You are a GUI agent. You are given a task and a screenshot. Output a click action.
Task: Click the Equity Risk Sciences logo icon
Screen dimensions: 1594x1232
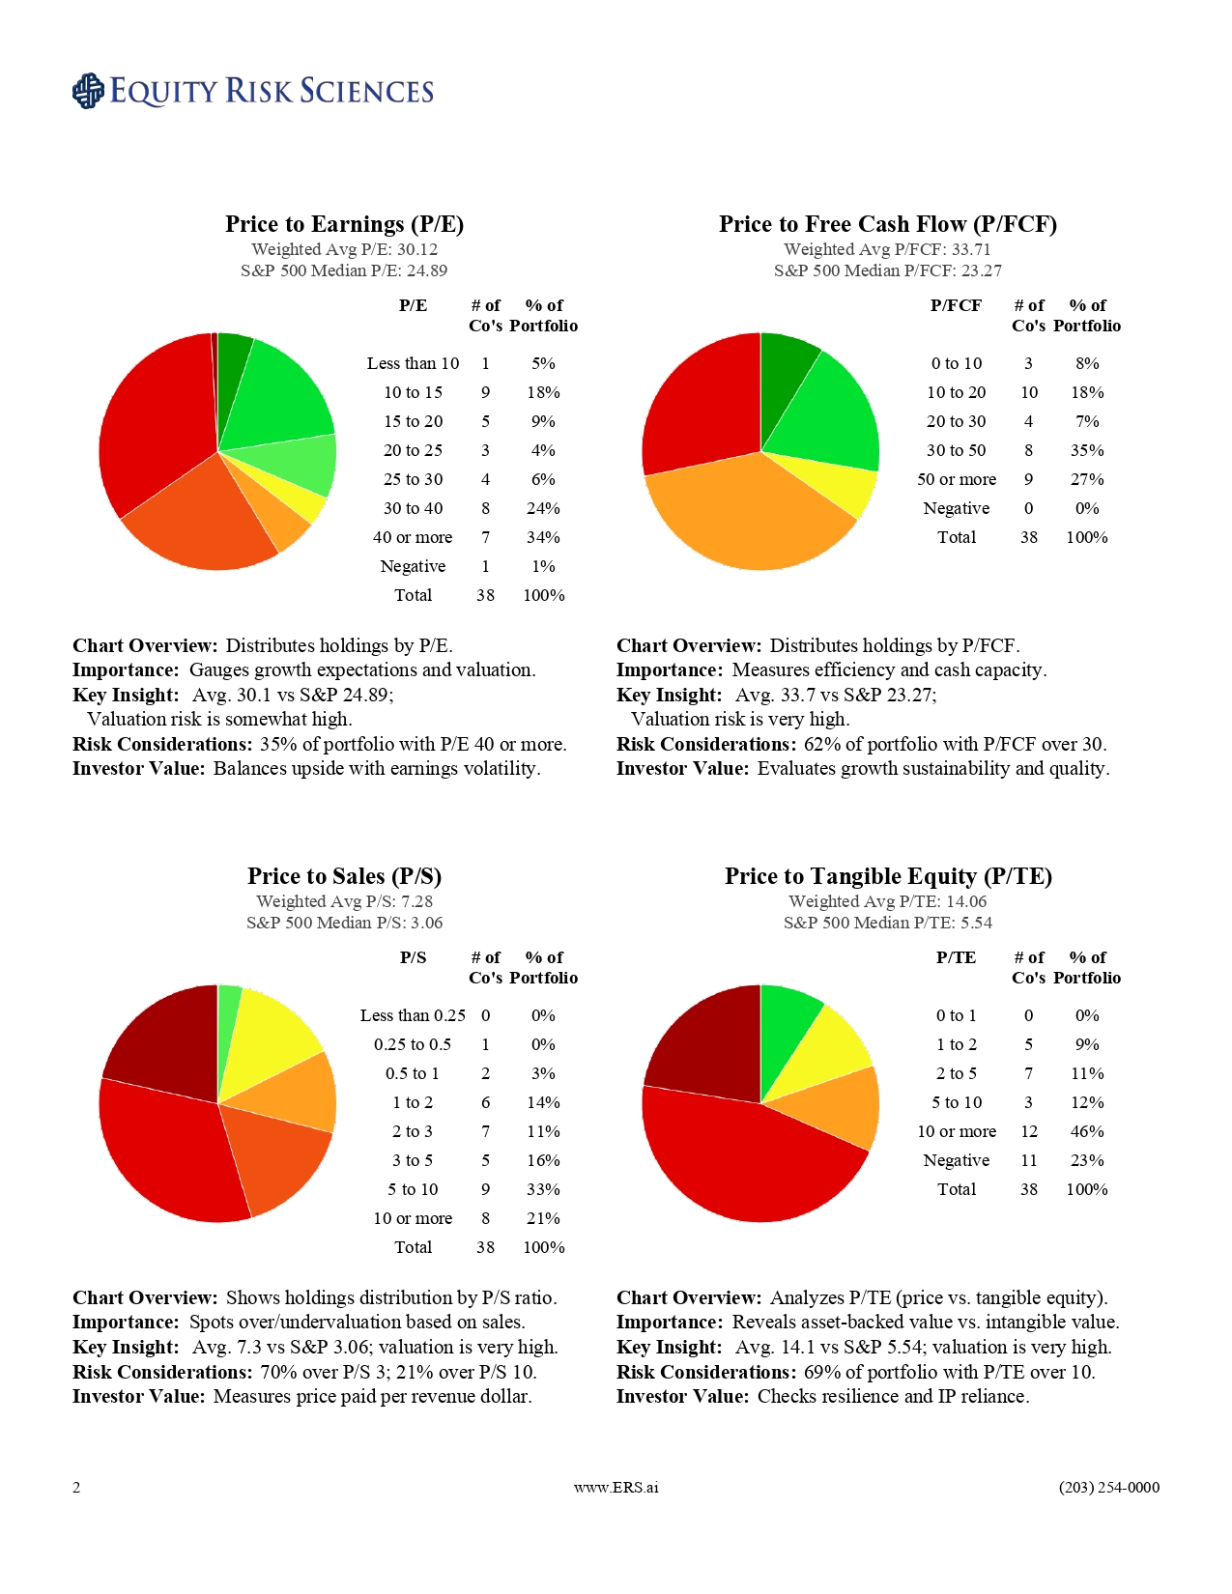click(x=88, y=91)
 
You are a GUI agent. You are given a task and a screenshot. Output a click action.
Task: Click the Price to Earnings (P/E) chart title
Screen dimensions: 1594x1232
click(x=344, y=224)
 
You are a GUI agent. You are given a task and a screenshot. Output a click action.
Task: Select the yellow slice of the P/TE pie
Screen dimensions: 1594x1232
click(x=831, y=1043)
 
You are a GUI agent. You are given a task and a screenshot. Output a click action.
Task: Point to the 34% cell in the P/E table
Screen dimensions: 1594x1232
click(x=543, y=537)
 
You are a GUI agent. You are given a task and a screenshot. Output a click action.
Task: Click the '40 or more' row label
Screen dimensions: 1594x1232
click(x=413, y=537)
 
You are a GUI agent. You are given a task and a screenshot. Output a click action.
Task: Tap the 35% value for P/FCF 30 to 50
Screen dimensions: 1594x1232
click(x=1087, y=450)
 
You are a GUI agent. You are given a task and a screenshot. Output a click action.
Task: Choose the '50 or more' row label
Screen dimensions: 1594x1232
click(x=957, y=479)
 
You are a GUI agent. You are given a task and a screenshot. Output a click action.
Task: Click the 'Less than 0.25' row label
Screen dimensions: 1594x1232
click(x=413, y=1015)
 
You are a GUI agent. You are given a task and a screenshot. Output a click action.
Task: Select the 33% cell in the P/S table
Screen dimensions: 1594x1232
click(x=543, y=1189)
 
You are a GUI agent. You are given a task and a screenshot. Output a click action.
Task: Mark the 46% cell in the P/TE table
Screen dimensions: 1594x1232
click(x=1087, y=1131)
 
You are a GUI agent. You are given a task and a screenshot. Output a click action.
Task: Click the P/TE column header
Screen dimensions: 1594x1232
click(x=956, y=957)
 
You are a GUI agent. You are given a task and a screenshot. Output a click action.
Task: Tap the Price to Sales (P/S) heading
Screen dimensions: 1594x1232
click(x=344, y=876)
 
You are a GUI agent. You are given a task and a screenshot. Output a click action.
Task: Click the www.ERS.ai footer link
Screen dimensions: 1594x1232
click(x=616, y=1487)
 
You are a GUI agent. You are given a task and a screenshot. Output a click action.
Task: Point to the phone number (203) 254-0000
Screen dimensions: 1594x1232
click(x=1108, y=1487)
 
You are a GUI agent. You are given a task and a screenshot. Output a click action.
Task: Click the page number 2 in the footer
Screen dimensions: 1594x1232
click(x=76, y=1487)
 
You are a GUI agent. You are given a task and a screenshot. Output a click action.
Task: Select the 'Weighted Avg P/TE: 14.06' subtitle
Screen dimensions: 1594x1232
click(x=887, y=901)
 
